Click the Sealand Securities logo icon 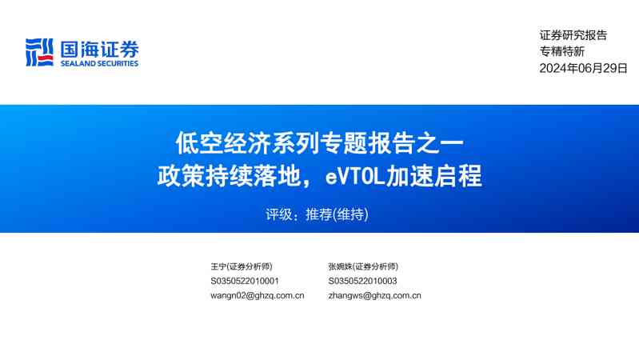pos(38,52)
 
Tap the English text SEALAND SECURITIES pos(98,64)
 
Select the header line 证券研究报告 pos(573,35)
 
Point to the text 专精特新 pos(561,51)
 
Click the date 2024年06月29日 pos(583,68)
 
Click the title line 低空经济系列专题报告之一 pos(319,143)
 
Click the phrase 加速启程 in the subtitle pos(434,175)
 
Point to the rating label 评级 pos(277,214)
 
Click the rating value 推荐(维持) pos(337,214)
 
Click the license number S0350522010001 pos(245,281)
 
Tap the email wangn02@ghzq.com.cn pos(257,295)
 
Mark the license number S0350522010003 pos(362,281)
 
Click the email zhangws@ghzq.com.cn pos(374,295)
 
